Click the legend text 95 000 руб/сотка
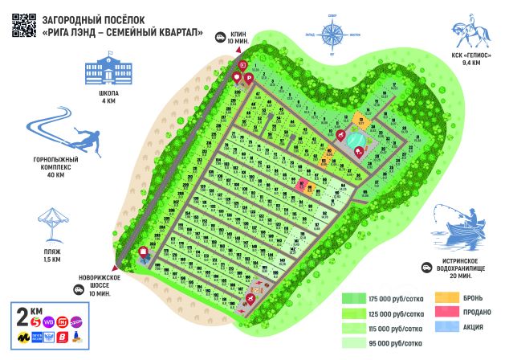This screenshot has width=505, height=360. (393, 342)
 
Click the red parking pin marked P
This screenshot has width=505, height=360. (249, 78)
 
